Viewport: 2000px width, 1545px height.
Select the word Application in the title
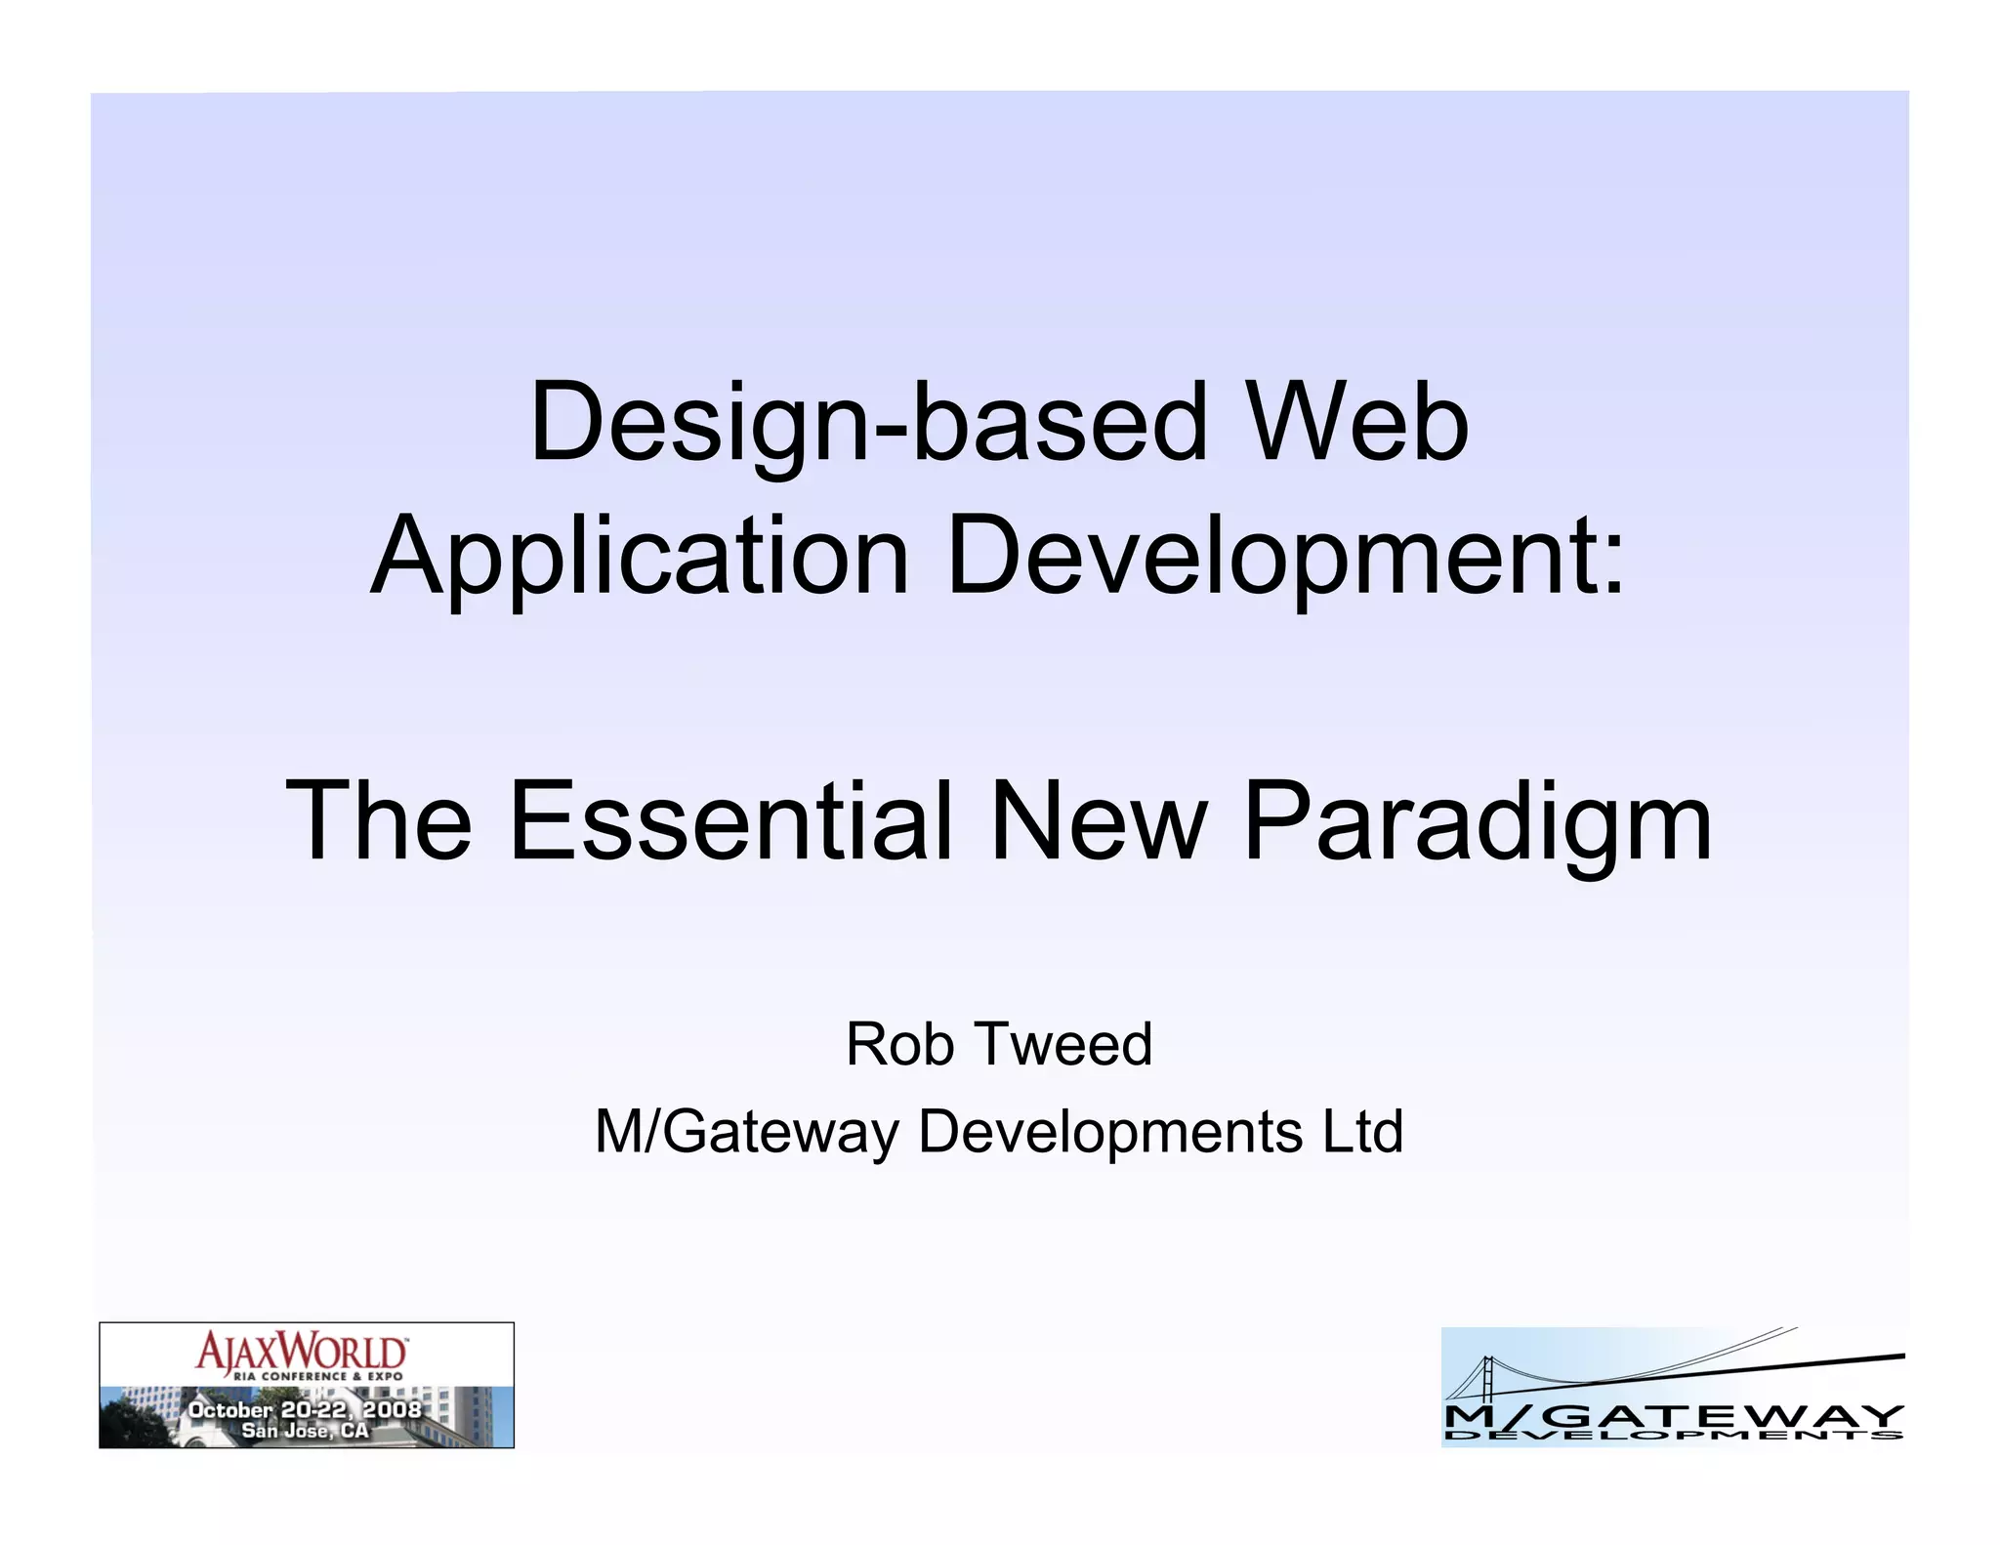641,557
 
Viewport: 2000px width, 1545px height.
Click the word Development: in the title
1286,557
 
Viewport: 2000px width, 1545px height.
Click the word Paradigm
1477,822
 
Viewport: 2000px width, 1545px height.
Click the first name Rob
899,1044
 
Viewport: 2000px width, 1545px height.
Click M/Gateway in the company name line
747,1132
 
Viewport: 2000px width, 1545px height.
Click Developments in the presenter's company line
1110,1132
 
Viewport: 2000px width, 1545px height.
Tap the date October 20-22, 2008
305,1409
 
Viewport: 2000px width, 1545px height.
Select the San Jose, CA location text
305,1431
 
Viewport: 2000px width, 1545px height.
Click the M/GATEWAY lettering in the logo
1673,1415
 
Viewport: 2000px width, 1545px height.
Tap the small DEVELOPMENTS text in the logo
1673,1435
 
